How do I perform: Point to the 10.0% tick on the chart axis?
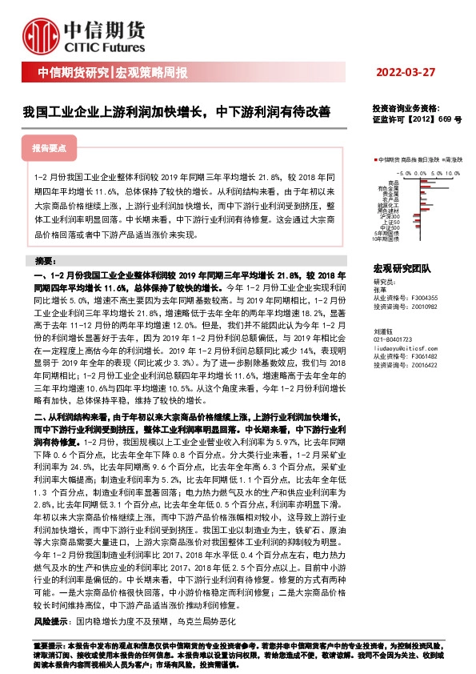tap(454, 172)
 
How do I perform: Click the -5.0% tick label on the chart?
tap(402, 172)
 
